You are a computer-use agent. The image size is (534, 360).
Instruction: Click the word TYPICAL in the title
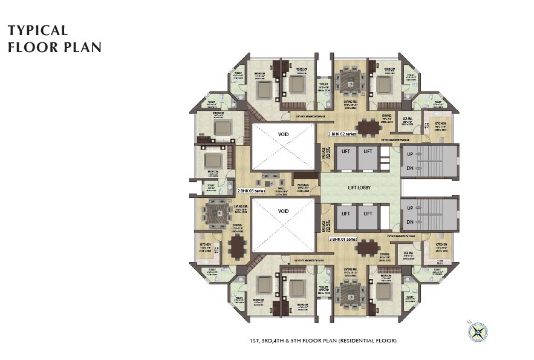tap(37, 31)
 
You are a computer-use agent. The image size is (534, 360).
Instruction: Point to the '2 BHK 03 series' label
tap(251, 191)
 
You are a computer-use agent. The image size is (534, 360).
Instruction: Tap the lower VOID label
tap(284, 212)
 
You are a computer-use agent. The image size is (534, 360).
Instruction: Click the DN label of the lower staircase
tap(410, 222)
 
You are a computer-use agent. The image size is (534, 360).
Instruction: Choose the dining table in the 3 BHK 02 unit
tap(366, 128)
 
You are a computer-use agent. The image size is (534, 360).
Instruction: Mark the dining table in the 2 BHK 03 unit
tap(238, 244)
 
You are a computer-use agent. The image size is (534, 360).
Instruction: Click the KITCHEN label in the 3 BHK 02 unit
tap(440, 122)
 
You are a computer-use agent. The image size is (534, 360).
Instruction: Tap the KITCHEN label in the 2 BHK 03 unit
tap(204, 245)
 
